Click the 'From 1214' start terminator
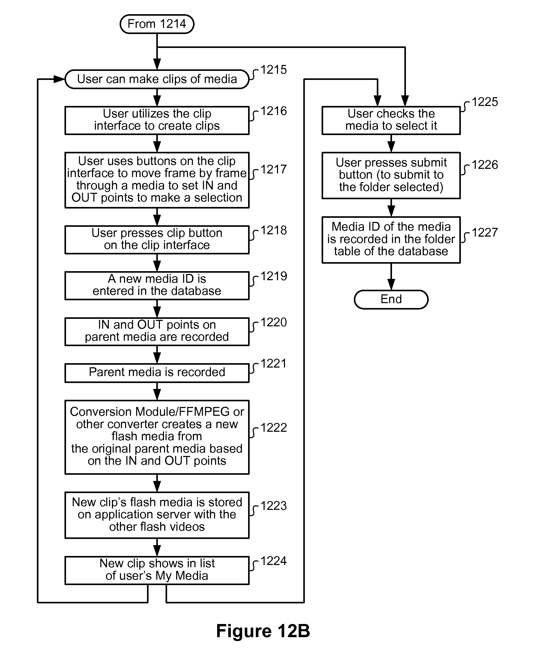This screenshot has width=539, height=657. (157, 24)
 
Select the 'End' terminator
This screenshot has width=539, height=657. (391, 299)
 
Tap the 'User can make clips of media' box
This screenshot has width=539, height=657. (157, 79)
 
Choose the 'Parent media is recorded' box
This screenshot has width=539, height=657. (157, 373)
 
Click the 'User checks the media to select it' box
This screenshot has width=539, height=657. (391, 120)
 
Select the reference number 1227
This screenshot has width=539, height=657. (485, 232)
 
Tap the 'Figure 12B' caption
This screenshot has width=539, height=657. (263, 631)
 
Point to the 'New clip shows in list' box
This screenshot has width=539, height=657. (157, 570)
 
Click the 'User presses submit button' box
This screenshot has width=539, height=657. (391, 175)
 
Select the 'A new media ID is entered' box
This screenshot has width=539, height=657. (157, 286)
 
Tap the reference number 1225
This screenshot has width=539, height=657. (485, 102)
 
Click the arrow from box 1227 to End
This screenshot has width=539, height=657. (391, 277)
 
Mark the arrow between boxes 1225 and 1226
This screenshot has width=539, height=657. (391, 143)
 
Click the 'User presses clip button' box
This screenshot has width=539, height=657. (157, 240)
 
